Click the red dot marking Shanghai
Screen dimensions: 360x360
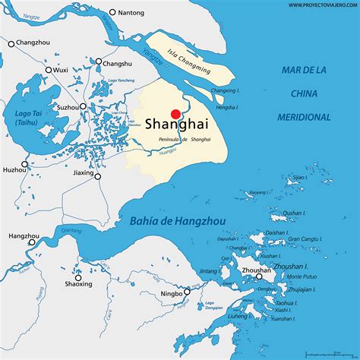175,114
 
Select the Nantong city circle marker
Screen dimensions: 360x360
113,12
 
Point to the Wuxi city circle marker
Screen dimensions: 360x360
49,70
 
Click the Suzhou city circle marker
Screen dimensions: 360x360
83,107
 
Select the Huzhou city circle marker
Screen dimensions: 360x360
24,163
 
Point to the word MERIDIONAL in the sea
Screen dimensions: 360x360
304,117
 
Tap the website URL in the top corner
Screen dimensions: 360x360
319,5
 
